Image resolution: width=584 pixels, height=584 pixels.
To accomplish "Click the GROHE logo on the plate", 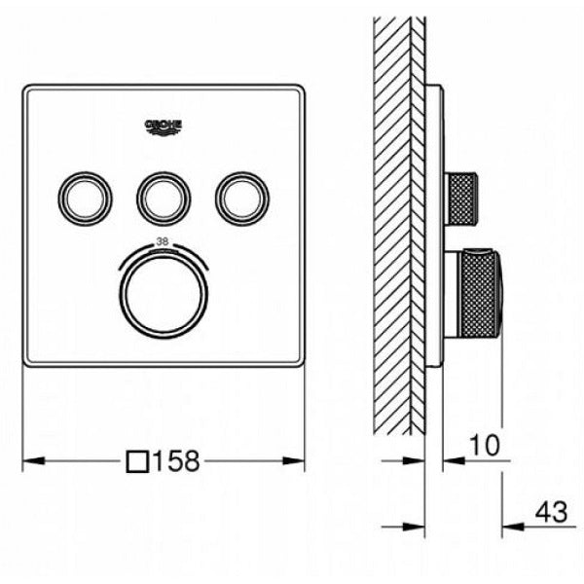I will click(164, 128).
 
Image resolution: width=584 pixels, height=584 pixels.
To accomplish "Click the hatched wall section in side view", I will click(393, 224).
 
